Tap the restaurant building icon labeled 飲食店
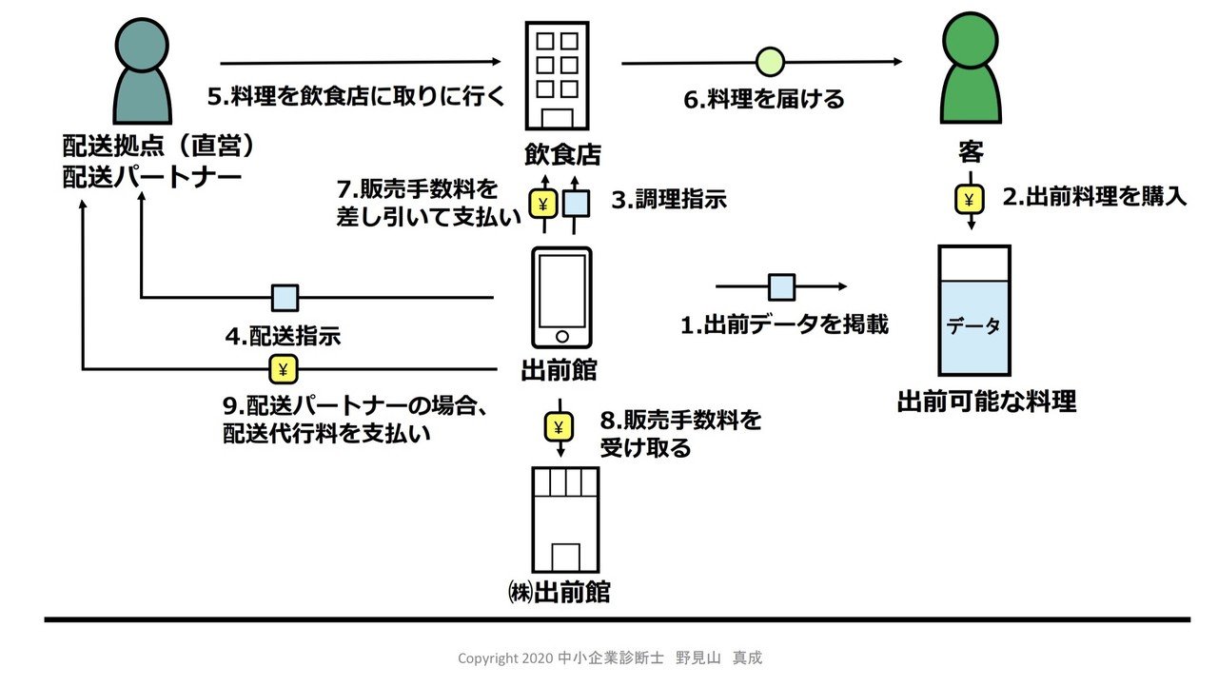pyautogui.click(x=557, y=76)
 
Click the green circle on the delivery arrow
pyautogui.click(x=770, y=63)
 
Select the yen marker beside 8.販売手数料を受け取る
pyautogui.click(x=559, y=427)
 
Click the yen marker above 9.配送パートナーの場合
pyautogui.click(x=283, y=368)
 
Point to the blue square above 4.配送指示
pyautogui.click(x=285, y=298)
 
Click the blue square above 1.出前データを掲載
pyautogui.click(x=781, y=286)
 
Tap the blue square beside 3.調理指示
pyautogui.click(x=577, y=203)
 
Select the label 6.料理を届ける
pyautogui.click(x=764, y=99)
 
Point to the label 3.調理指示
pyautogui.click(x=668, y=201)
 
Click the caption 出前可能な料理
pyautogui.click(x=987, y=402)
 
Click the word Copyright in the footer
pyautogui.click(x=488, y=658)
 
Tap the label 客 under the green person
pyautogui.click(x=971, y=152)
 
